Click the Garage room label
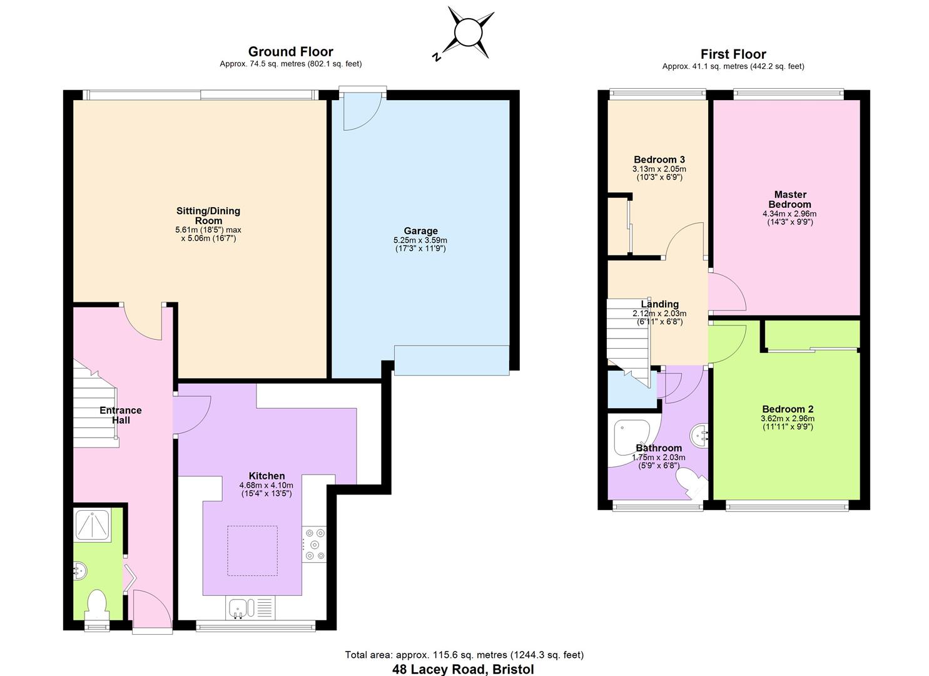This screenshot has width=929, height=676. click(420, 231)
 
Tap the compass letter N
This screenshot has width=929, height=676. click(436, 57)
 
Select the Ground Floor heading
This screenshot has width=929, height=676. click(291, 51)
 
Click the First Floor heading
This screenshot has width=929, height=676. click(733, 54)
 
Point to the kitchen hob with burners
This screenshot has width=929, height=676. click(315, 544)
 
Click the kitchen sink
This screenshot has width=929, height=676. click(238, 608)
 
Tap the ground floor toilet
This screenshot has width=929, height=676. click(97, 605)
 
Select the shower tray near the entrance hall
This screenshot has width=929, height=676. click(93, 525)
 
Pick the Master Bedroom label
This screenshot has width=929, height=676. click(790, 199)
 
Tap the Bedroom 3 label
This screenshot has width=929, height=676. click(659, 160)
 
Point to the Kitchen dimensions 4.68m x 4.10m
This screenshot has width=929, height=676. click(267, 485)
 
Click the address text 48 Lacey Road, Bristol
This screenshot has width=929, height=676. click(464, 669)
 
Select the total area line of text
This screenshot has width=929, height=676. click(464, 655)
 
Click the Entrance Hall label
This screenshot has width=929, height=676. click(121, 415)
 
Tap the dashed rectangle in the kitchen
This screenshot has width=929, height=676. click(252, 551)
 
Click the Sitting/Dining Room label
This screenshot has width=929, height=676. click(208, 215)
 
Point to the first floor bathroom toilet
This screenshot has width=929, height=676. click(692, 484)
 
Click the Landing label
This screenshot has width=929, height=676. click(659, 304)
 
